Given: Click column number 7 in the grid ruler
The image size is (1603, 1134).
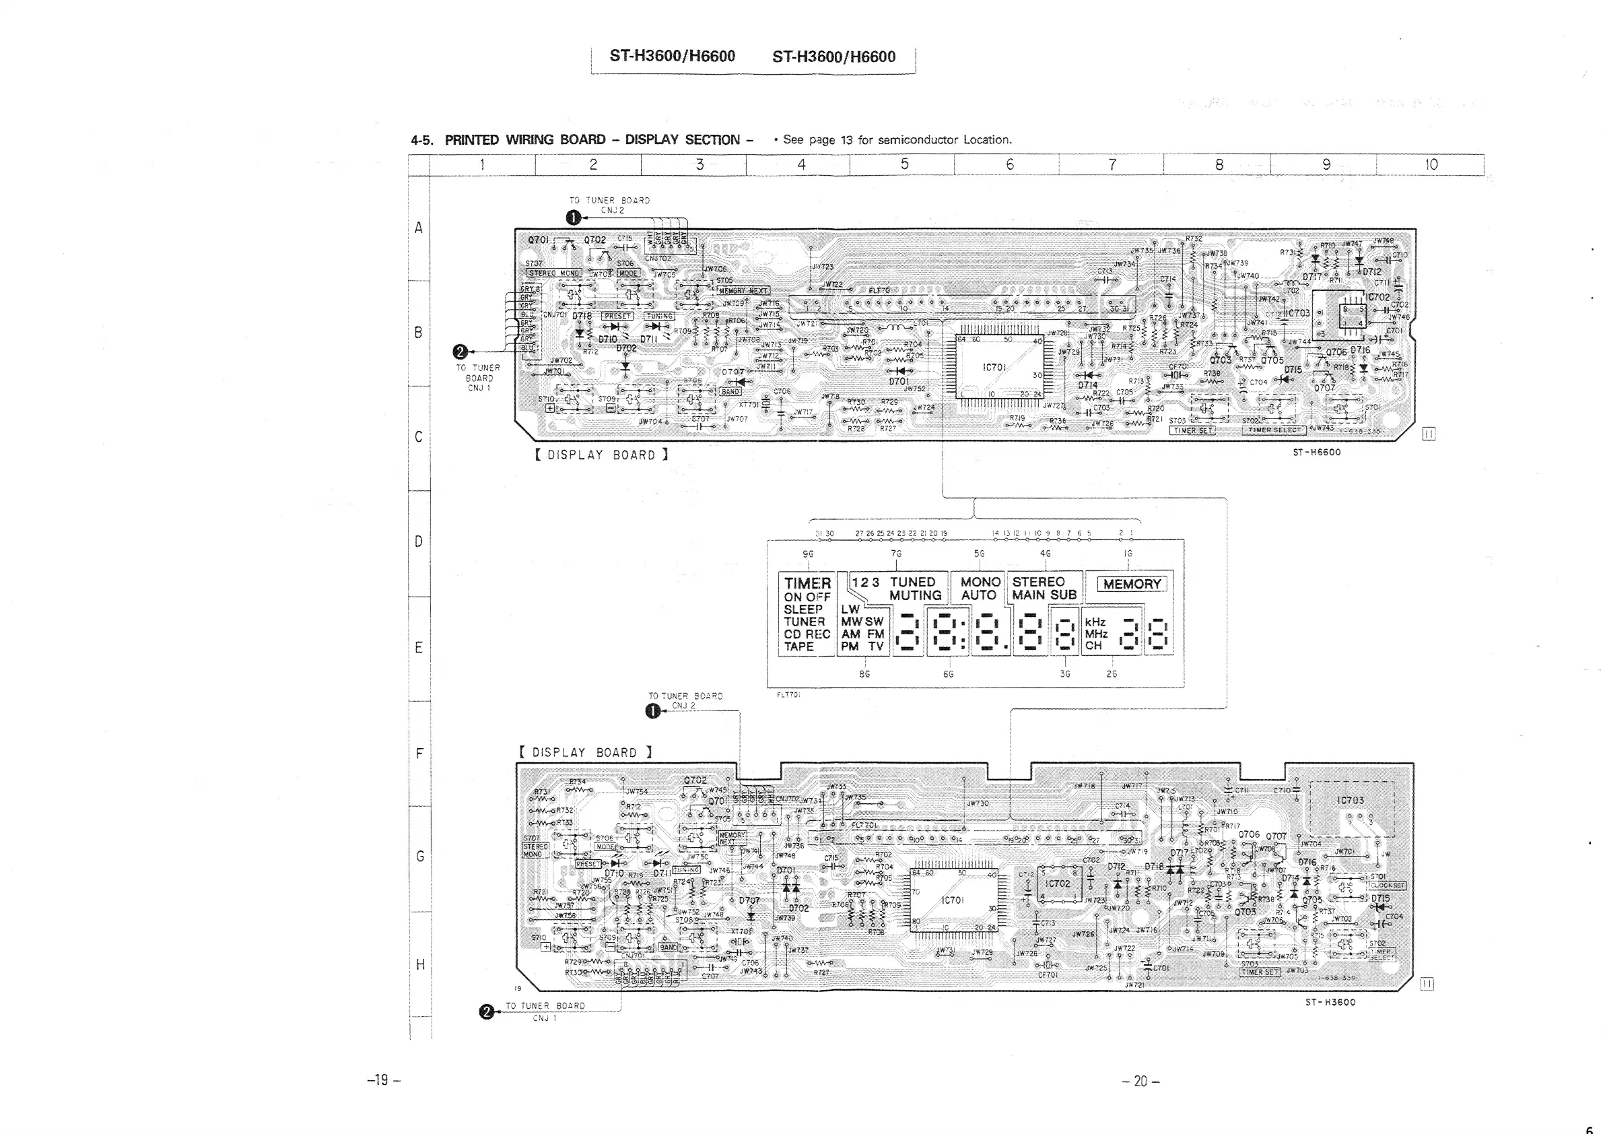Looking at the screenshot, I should pos(1112,165).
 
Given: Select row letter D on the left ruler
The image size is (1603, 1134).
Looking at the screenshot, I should pos(418,542).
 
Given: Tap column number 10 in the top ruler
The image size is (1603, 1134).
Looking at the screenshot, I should pos(1431,165).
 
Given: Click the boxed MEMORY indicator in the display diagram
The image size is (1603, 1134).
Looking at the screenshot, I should pos(1132,584).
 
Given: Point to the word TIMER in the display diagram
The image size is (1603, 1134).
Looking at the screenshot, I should pos(807,583).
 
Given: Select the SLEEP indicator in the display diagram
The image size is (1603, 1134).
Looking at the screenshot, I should pos(803,609).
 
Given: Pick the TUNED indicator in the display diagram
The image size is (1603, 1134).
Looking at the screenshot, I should pos(912,582).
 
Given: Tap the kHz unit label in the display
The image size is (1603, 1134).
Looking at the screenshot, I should pos(1095,622).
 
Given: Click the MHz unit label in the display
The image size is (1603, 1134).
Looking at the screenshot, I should pos(1096,634).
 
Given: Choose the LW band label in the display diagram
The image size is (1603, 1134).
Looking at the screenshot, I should pos(850,609).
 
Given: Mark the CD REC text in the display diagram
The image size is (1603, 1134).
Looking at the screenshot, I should pos(807,634).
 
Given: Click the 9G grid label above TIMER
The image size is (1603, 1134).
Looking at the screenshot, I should pos(808,554).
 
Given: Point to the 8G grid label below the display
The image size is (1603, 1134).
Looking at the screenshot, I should pos(864,675).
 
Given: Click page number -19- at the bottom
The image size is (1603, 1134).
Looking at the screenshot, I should pos(383,1080).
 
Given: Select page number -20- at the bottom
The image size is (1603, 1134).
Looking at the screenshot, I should pos(1140,1081).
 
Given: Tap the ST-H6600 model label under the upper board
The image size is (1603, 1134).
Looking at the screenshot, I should pos(1317,453).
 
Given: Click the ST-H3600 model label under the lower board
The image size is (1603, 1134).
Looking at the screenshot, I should pos(1330,1002).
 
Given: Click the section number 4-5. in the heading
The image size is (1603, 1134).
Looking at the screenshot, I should pos(421,140).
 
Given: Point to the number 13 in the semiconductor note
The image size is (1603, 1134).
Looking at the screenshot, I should pos(846,139).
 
